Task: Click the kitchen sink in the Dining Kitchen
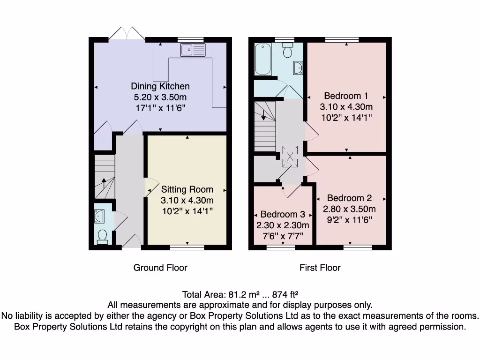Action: tap(193, 49)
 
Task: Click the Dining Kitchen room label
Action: tap(160, 86)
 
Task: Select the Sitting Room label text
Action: tap(187, 190)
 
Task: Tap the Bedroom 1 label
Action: tap(346, 96)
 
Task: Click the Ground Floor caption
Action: tap(160, 268)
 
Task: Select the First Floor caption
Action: tap(320, 268)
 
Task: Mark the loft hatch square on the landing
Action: tap(289, 157)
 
